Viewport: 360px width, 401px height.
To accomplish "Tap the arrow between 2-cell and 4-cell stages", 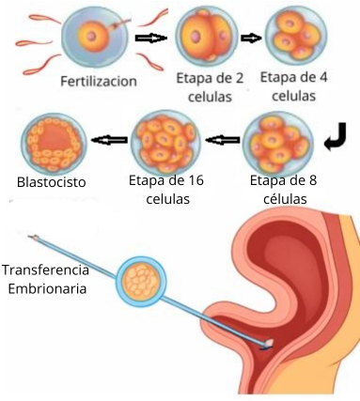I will click(x=252, y=38).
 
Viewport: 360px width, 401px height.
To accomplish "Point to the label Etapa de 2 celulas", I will click(x=204, y=87).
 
